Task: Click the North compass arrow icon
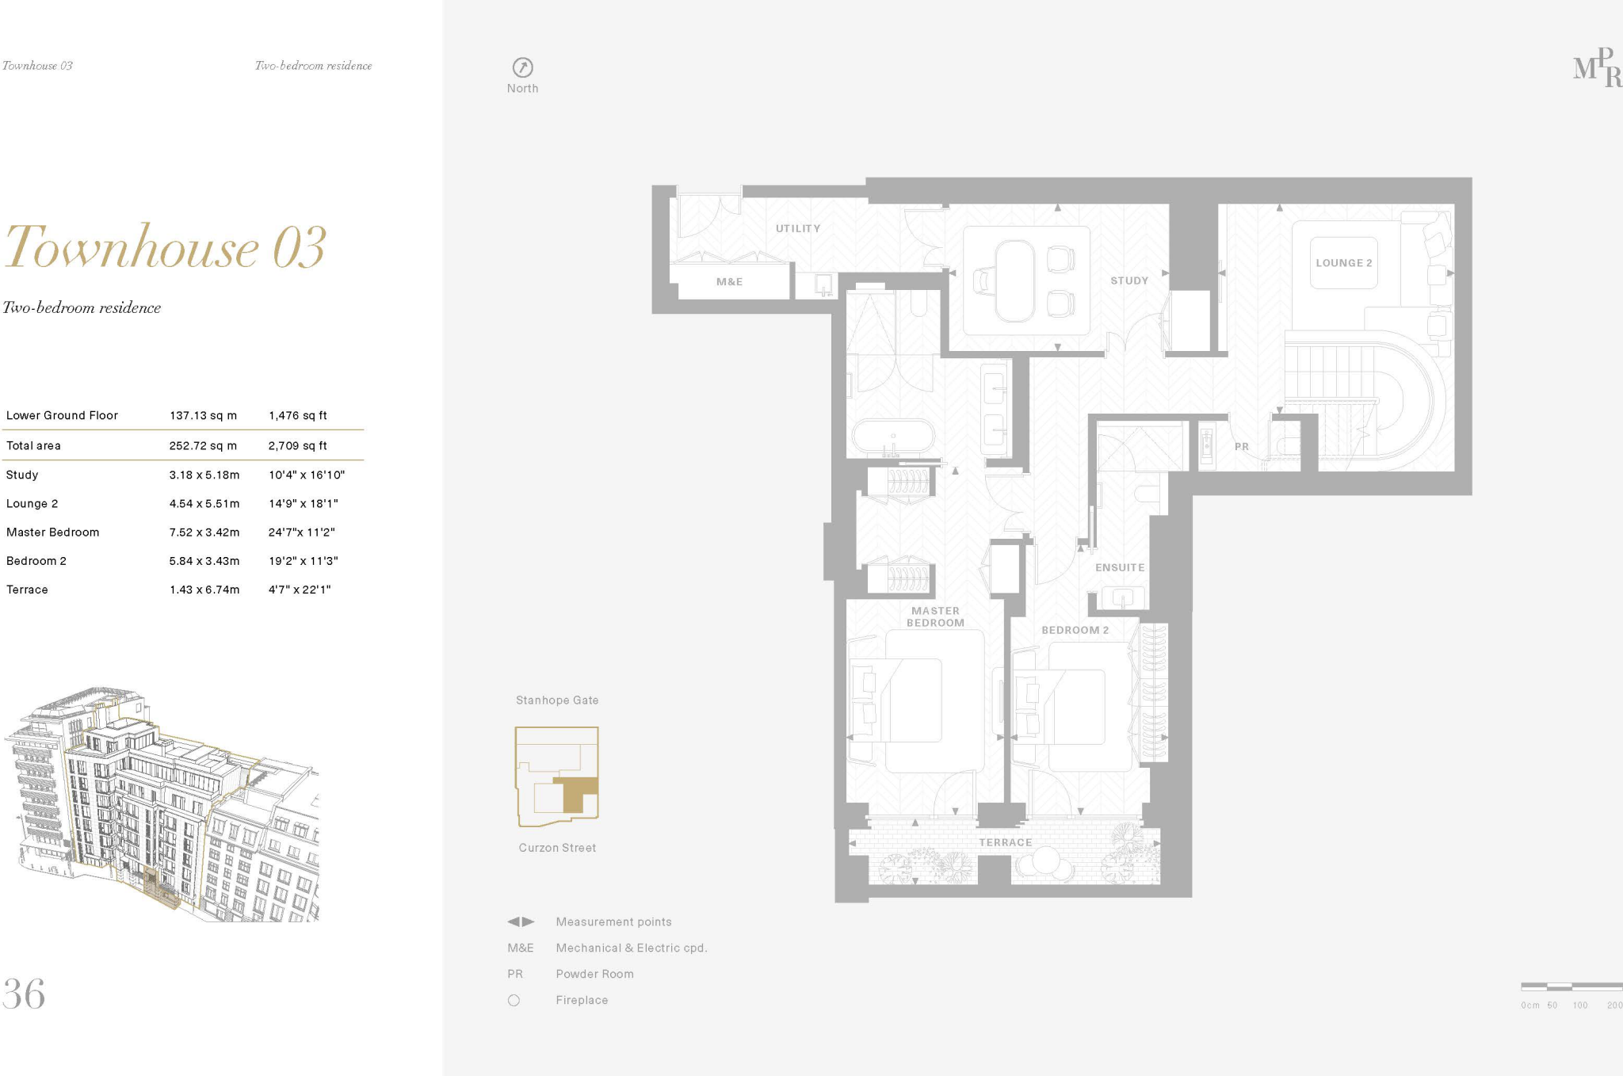tap(522, 67)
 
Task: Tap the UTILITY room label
tap(797, 228)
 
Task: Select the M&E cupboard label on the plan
tap(729, 281)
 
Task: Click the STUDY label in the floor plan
tap(1128, 280)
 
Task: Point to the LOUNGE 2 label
tap(1343, 263)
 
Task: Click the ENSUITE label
tap(1119, 567)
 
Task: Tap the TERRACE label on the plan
tap(1005, 842)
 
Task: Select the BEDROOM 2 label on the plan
tap(1075, 630)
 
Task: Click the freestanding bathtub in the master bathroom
tap(893, 437)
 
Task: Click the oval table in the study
tap(1014, 281)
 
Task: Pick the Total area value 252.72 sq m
tap(203, 445)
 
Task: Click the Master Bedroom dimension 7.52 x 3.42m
tap(204, 532)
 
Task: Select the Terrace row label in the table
tap(27, 590)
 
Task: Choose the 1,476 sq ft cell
tap(297, 415)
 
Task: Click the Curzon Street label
tap(557, 848)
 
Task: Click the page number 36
tap(24, 994)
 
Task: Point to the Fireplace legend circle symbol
tap(514, 1001)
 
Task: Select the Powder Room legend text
tap(594, 974)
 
